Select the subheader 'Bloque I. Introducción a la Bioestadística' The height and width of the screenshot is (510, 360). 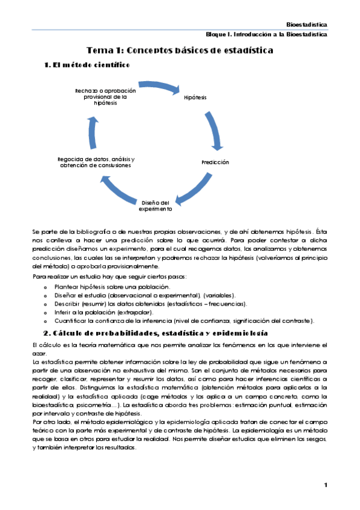point(266,35)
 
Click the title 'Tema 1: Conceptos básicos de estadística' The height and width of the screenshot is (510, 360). point(180,51)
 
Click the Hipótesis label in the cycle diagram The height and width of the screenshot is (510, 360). point(195,97)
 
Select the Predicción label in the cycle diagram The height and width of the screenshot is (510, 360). point(215,162)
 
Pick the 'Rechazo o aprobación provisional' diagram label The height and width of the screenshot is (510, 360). point(102,96)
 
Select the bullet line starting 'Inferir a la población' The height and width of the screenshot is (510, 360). point(105,312)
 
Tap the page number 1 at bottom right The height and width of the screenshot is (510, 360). point(325,485)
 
